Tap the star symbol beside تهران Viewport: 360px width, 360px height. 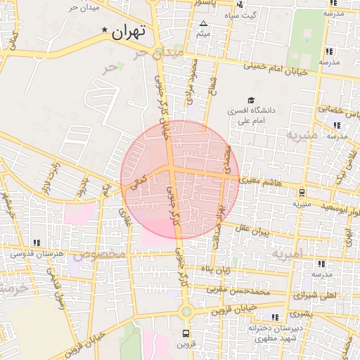105,30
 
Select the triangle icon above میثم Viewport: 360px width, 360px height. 204,24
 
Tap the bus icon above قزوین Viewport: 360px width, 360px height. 186,333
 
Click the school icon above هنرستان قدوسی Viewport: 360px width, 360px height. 37,243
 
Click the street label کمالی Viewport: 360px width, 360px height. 134,184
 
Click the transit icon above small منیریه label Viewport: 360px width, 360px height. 302,192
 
